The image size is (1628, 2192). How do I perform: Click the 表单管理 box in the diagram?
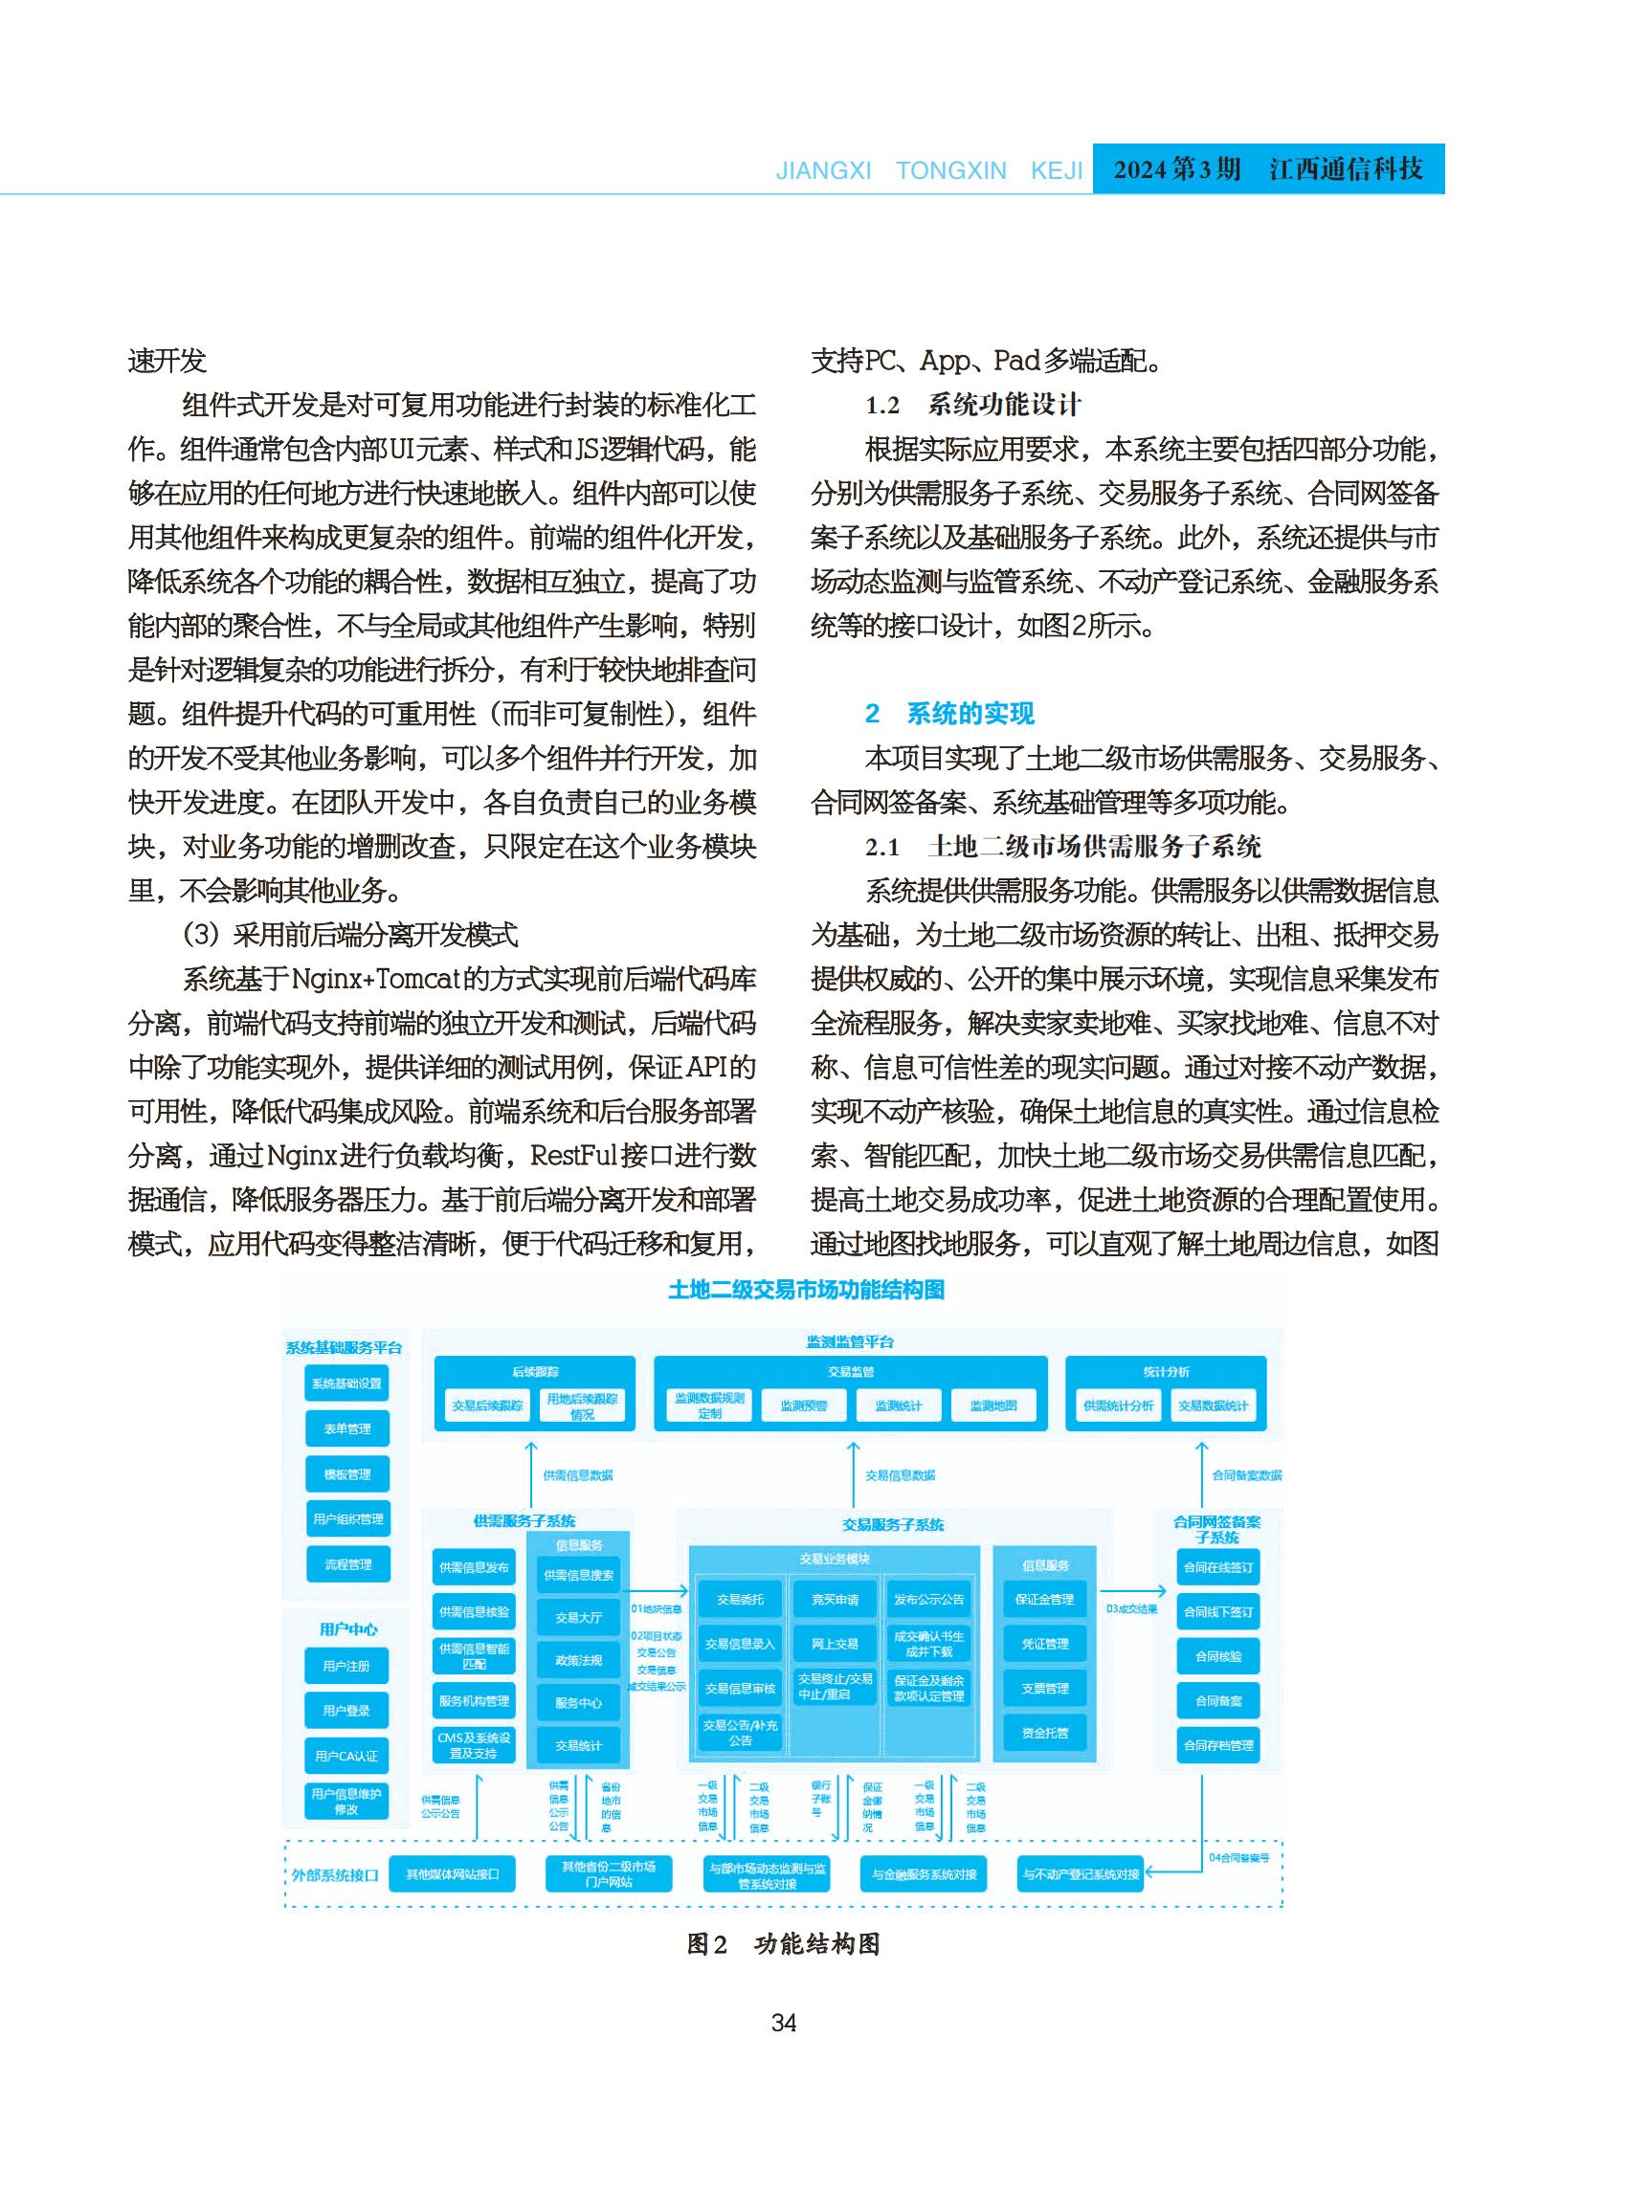point(346,1428)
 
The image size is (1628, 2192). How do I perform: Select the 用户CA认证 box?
point(346,1756)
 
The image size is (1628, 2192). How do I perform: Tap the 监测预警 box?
point(804,1406)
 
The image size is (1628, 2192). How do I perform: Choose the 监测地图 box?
point(993,1406)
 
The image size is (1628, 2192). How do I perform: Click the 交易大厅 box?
point(578,1618)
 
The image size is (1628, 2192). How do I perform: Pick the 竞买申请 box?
point(835,1599)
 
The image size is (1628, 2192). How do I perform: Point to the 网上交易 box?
point(835,1643)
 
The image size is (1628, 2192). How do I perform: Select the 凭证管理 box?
point(1044,1643)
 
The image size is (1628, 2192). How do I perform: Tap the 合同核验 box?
point(1218,1656)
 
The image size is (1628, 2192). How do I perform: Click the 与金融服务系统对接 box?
point(925,1873)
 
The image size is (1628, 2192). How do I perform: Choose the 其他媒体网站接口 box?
point(454,1873)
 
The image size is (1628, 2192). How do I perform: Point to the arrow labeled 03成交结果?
point(1132,1590)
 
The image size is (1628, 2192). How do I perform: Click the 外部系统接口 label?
point(335,1874)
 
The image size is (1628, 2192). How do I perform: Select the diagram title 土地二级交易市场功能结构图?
point(806,1290)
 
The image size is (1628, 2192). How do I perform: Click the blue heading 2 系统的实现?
point(950,713)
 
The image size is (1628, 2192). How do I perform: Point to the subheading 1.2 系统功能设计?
point(972,405)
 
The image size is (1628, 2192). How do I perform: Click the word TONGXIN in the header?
point(951,170)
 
